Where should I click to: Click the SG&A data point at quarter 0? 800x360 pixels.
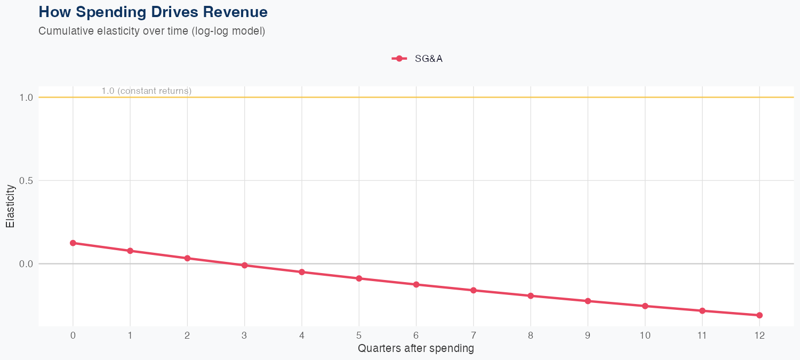pos(73,243)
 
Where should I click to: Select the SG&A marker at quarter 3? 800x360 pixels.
pos(245,265)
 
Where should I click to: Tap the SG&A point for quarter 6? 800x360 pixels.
pos(416,284)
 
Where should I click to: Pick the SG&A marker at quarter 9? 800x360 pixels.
pos(588,301)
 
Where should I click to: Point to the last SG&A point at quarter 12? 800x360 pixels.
pos(759,315)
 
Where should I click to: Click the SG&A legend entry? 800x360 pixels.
pos(418,59)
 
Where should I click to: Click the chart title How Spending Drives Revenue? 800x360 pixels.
pos(153,12)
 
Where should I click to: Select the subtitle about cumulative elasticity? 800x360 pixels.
pos(151,31)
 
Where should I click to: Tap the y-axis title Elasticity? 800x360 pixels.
pos(10,206)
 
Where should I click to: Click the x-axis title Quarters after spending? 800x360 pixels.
pos(416,349)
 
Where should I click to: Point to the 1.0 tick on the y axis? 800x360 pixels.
pos(27,98)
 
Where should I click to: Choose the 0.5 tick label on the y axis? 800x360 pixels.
pos(27,181)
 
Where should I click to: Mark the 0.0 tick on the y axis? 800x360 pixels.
pos(27,264)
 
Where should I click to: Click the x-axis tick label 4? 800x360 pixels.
pos(302,335)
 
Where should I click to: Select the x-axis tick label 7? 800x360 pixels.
pos(474,335)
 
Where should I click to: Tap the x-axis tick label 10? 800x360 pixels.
pos(645,335)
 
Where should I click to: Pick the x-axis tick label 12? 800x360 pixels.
pos(759,335)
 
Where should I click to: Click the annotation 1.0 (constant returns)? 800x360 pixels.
pos(146,91)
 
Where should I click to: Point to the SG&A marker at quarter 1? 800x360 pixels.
pos(130,251)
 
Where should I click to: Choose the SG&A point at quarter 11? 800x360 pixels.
pos(702,310)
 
